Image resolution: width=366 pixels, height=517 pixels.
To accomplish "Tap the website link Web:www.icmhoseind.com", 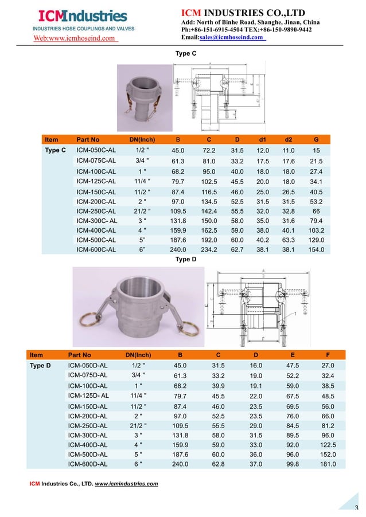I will click(x=75, y=38).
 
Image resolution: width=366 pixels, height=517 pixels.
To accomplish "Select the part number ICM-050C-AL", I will click(x=96, y=150).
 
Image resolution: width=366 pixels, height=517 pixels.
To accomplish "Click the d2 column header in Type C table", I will click(x=289, y=139).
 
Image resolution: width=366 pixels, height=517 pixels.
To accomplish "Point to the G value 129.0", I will click(x=316, y=239).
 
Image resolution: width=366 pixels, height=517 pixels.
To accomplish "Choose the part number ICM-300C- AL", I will click(x=97, y=220).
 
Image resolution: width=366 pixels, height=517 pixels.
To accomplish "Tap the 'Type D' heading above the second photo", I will click(x=185, y=260).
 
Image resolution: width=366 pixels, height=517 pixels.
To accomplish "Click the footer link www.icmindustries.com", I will click(x=126, y=484).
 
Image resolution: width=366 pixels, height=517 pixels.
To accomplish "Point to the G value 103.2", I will click(x=316, y=229).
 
